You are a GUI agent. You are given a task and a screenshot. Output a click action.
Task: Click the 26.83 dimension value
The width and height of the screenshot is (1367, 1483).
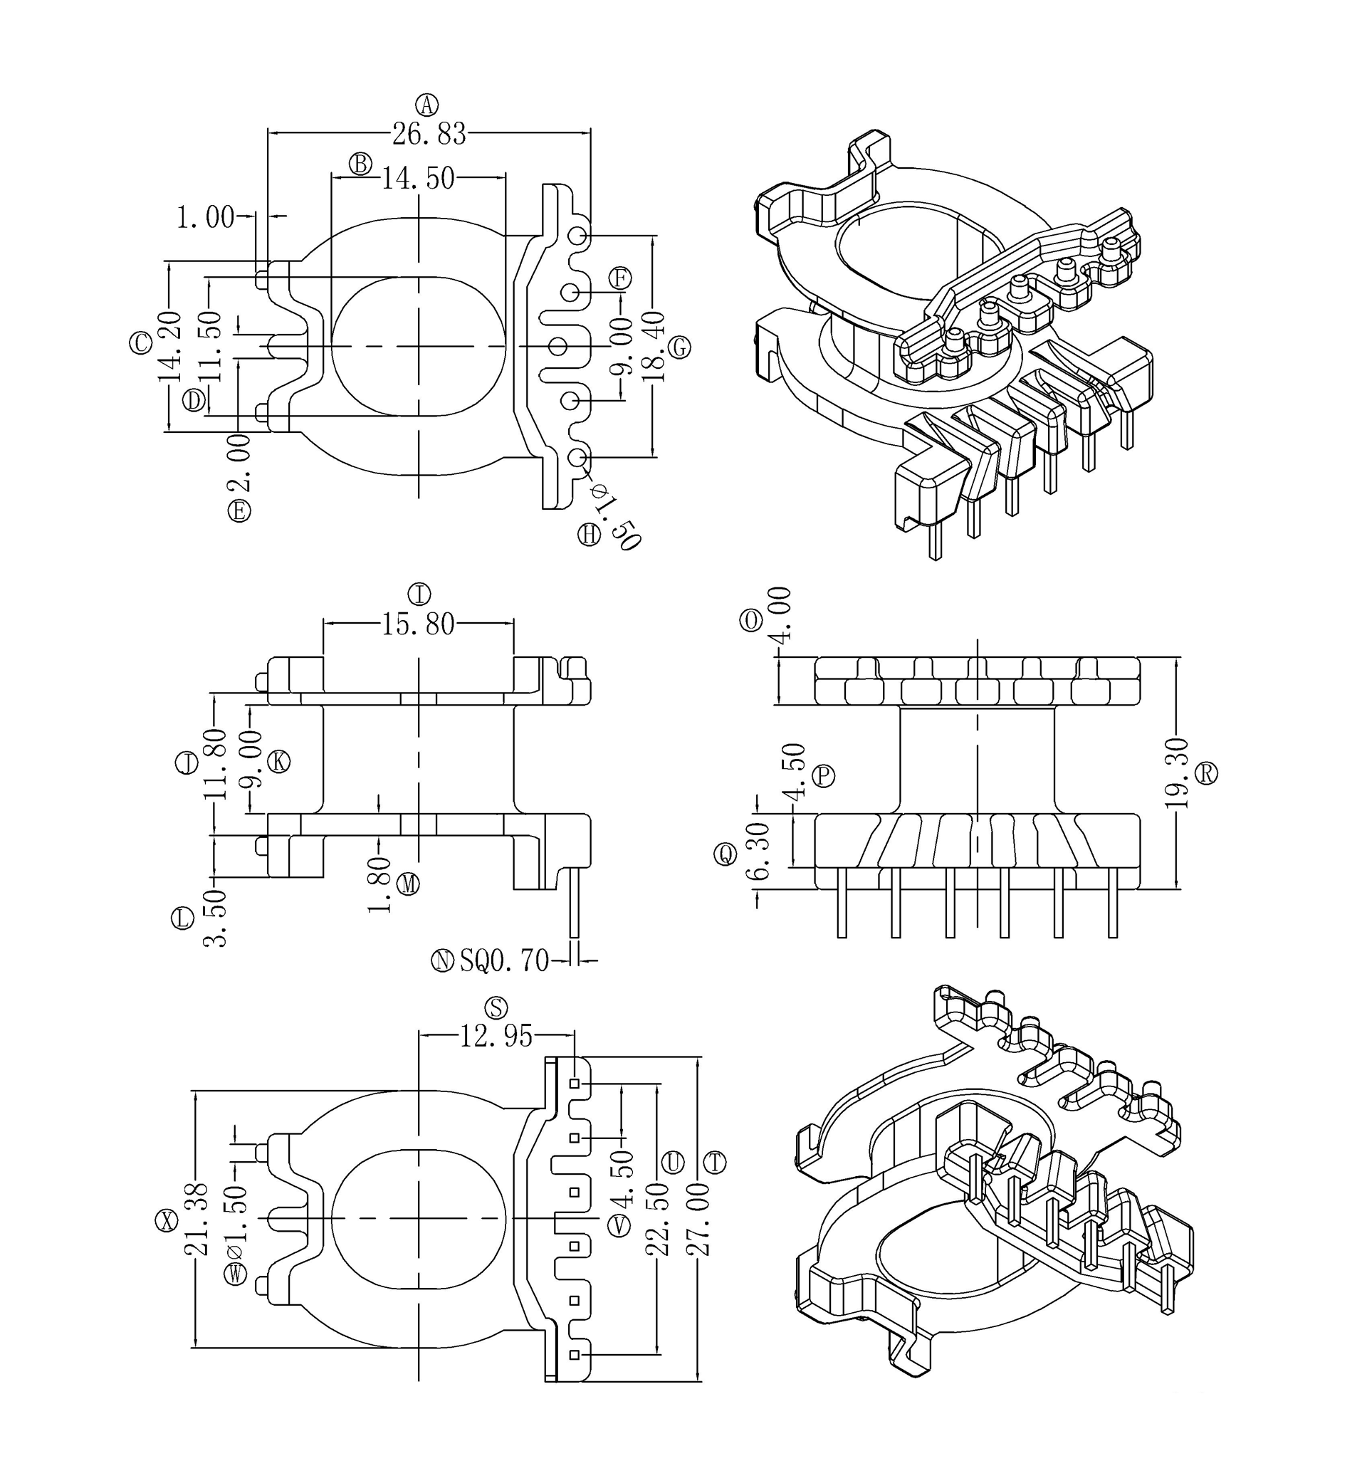click(429, 135)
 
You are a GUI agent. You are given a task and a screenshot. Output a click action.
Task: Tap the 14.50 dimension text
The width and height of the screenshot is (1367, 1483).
click(418, 178)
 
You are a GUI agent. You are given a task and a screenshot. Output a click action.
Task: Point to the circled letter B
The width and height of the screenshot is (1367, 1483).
click(360, 164)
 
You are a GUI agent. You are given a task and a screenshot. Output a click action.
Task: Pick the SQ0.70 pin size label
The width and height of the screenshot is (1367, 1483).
click(505, 961)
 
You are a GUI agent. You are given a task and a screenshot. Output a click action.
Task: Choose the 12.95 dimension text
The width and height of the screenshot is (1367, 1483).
click(496, 1037)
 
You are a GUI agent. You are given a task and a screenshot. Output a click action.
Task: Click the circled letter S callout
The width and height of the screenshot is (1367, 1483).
click(496, 1007)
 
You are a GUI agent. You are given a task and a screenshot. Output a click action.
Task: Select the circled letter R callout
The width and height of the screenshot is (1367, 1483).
click(1207, 773)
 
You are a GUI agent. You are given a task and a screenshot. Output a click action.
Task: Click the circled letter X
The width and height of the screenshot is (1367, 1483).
click(167, 1220)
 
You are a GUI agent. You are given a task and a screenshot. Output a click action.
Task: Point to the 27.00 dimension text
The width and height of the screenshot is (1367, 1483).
click(698, 1230)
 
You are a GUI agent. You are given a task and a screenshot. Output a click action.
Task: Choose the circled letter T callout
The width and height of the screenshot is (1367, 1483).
click(715, 1163)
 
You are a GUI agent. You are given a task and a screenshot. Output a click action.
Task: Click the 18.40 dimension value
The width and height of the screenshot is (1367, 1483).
click(654, 346)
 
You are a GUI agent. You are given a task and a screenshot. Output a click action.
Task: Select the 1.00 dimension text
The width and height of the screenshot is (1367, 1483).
click(205, 217)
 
